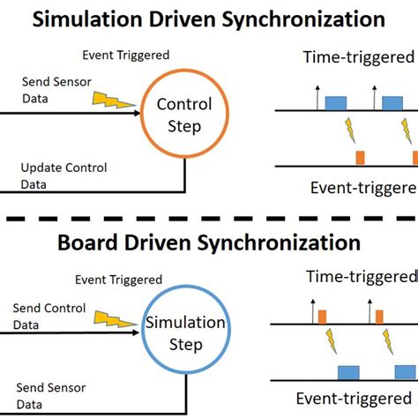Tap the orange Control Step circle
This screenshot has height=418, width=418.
pos(183,116)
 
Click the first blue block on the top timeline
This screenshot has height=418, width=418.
pos(336,103)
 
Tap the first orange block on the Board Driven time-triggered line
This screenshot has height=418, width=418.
pos(323,317)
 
